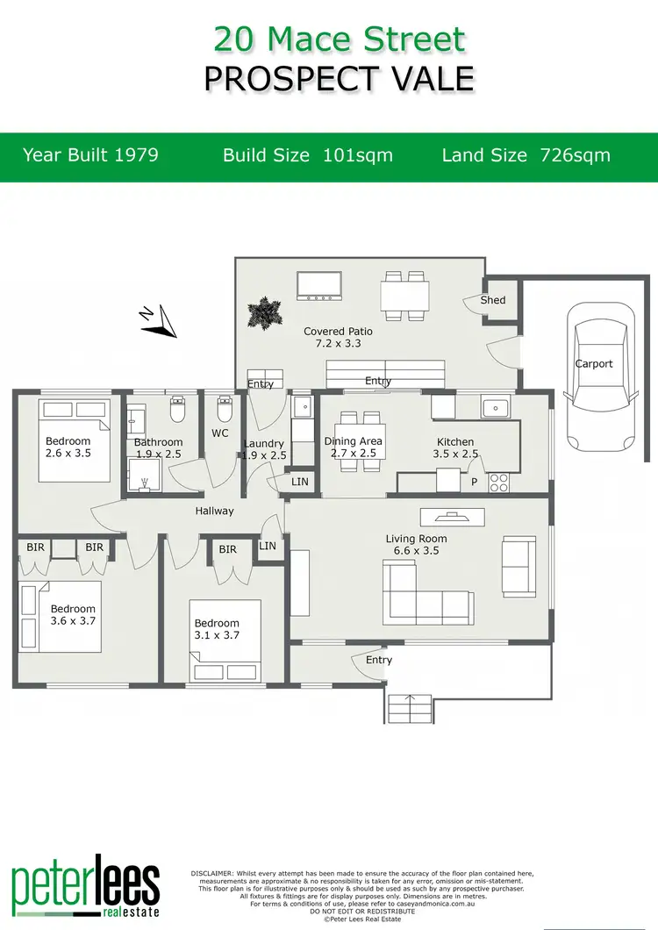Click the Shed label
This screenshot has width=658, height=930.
pos(493,300)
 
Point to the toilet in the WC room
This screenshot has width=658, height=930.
pos(223,409)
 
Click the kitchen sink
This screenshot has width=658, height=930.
pos(496,407)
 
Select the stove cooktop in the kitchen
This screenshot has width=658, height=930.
pos(500,481)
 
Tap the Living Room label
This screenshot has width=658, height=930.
pos(416,539)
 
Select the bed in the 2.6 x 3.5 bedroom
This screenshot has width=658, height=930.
pos(75,439)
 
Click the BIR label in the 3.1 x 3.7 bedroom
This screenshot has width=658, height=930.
pos(227,550)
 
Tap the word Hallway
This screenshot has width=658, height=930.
pos(214,511)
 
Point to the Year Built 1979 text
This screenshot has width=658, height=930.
pos(90,155)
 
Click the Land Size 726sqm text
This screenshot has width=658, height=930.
pos(526,155)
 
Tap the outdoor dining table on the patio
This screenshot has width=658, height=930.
pos(405,295)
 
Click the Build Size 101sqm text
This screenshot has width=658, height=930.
pos(308,155)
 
